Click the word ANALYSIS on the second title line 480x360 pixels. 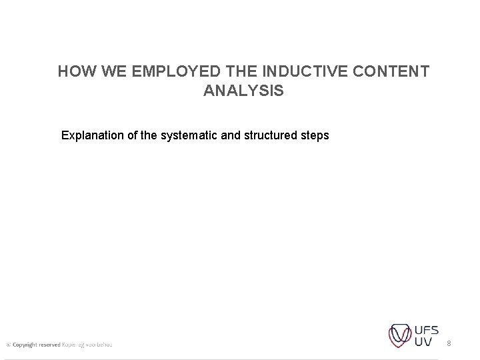coord(243,91)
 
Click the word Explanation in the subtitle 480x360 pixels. coord(93,135)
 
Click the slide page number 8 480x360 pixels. coord(449,343)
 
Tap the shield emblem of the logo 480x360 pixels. coord(401,335)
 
